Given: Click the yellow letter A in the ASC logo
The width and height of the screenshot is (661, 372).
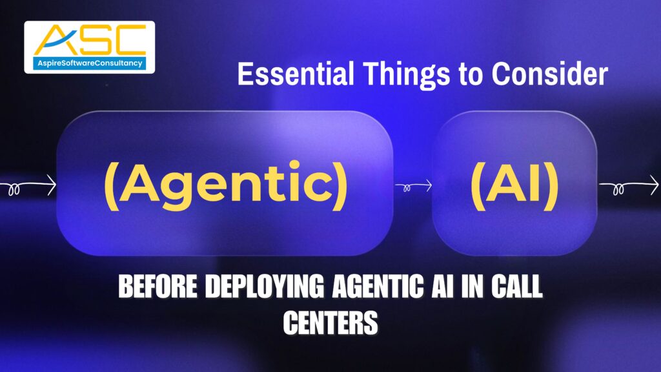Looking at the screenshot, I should point(53,41).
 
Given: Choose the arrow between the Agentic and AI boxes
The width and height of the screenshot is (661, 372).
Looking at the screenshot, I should point(413,187).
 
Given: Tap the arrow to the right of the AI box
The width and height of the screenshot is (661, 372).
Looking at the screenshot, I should point(629,188).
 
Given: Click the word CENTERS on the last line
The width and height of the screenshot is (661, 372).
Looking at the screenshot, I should point(330,324).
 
